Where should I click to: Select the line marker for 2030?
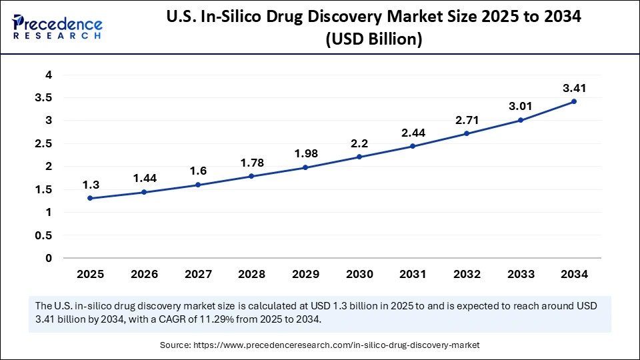pos(359,157)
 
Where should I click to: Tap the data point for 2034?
pos(574,101)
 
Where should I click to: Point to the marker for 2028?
pos(251,176)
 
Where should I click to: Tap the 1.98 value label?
pos(305,153)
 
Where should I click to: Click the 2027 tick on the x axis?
pos(197,273)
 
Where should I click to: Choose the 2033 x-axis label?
pos(520,273)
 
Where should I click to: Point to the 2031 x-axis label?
pos(413,273)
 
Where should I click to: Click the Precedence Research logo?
pos(57,27)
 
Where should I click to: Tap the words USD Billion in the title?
pos(373,40)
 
